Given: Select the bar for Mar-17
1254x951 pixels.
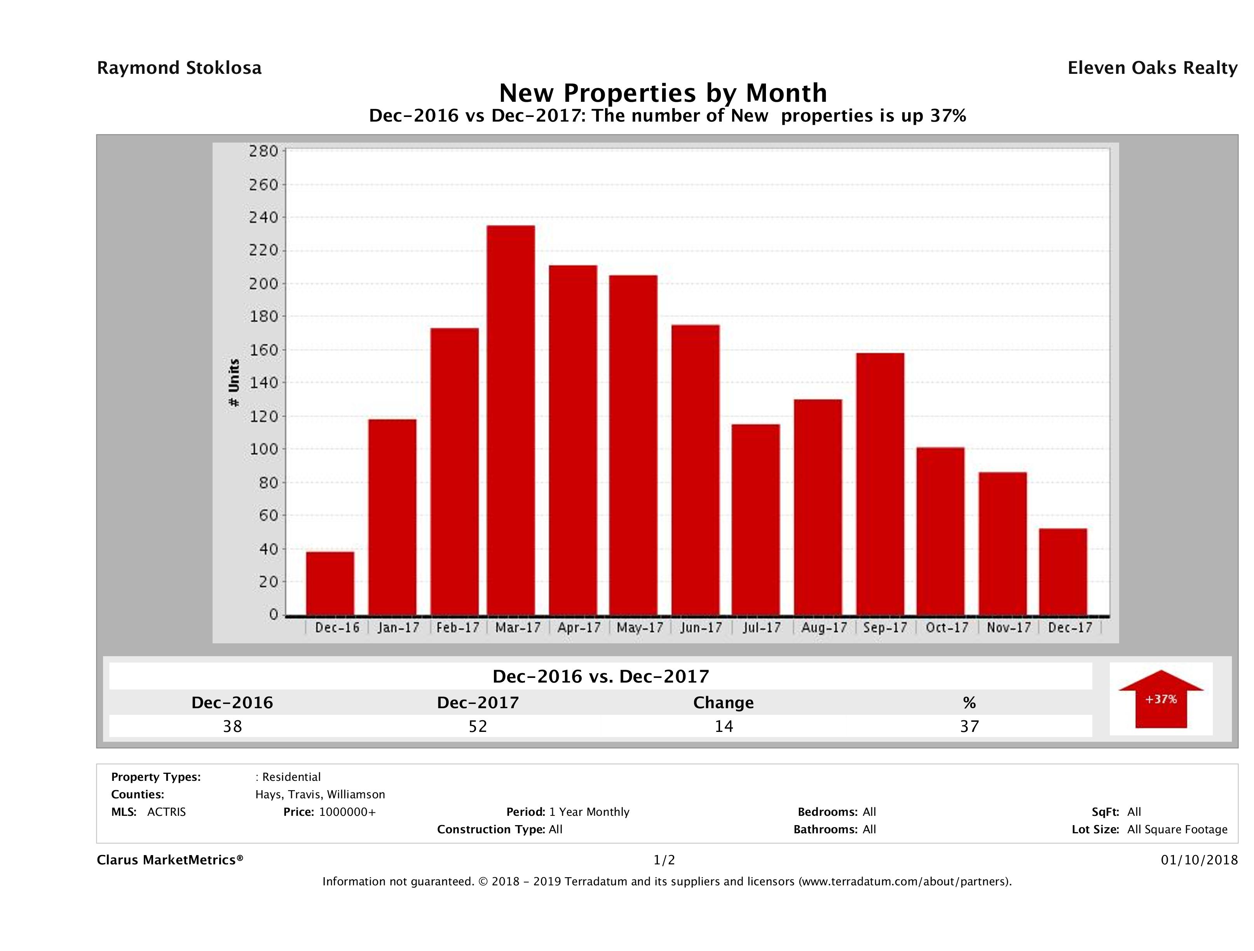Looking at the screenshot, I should [x=510, y=420].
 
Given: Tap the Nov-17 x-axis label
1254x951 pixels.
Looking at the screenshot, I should [x=1008, y=627].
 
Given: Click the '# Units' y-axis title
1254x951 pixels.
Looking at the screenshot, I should [x=234, y=383].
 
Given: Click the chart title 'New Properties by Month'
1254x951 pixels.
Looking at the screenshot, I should [x=663, y=92].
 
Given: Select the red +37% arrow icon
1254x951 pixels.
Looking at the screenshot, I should [x=1160, y=699].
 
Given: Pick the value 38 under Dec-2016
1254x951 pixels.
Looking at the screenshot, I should [x=232, y=726].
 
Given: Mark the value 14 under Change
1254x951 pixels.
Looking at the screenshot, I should [x=724, y=726].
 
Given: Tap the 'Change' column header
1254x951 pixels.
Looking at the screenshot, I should [x=724, y=703].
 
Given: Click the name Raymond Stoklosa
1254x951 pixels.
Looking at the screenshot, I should [x=179, y=68].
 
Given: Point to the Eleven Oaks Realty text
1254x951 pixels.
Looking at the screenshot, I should [x=1152, y=68].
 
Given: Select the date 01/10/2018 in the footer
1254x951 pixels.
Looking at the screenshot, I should [x=1199, y=860].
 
